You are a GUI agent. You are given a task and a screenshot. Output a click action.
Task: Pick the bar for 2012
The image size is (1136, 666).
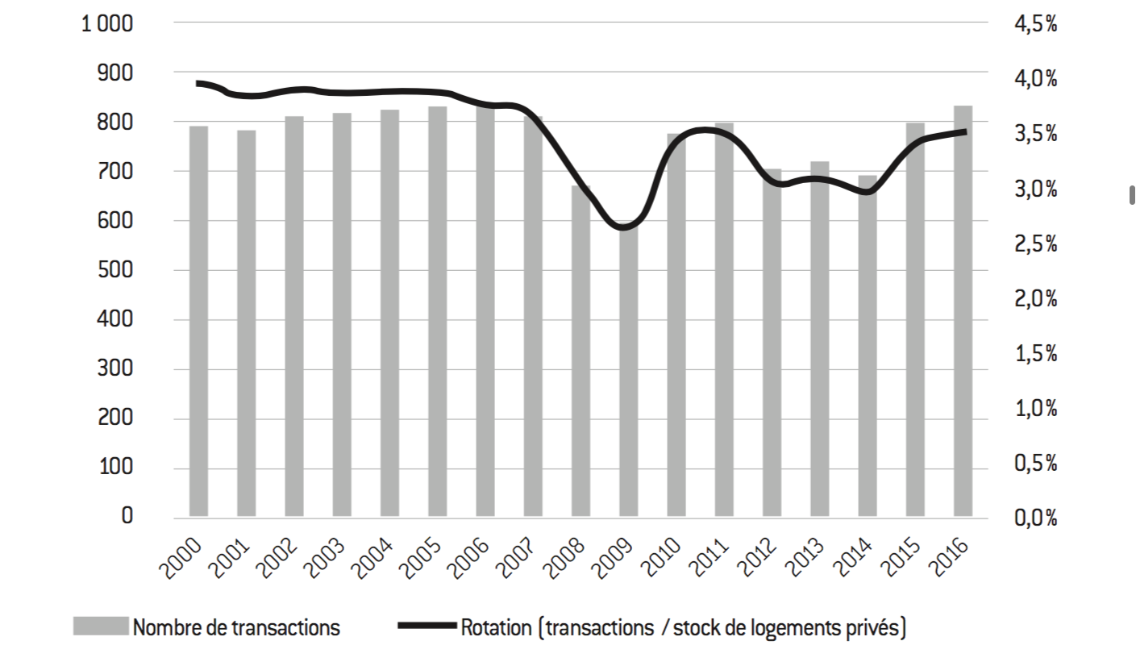pyautogui.click(x=772, y=343)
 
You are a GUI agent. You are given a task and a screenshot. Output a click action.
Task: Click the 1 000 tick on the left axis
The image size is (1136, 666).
pyautogui.click(x=106, y=23)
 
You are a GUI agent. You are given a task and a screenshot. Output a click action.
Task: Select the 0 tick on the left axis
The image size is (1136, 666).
pyautogui.click(x=127, y=516)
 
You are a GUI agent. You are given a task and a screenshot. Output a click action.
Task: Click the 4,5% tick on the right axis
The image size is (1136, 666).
pyautogui.click(x=1034, y=24)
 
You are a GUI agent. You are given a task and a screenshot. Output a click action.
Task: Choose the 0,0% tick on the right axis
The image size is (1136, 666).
pyautogui.click(x=1034, y=518)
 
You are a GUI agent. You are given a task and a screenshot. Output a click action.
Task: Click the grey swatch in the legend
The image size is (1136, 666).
pyautogui.click(x=101, y=626)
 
